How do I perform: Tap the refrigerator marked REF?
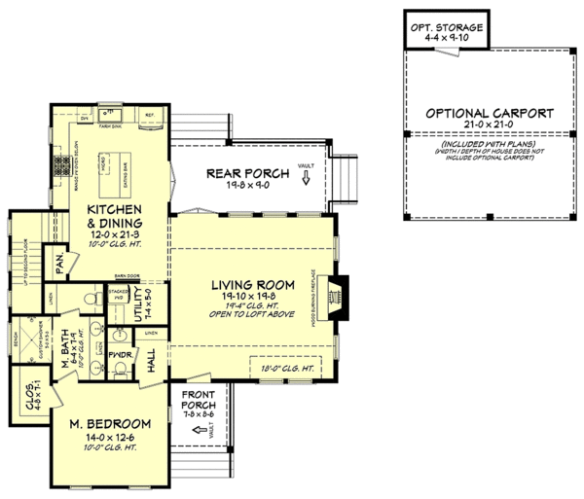[x=151, y=115]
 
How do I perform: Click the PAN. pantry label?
[x=60, y=264]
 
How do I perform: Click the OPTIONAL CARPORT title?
[x=490, y=114]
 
